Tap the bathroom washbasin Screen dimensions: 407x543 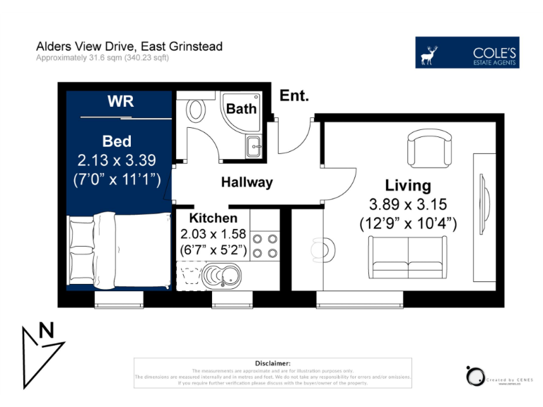pyautogui.click(x=255, y=148)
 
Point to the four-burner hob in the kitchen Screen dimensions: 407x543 pyautogui.click(x=265, y=244)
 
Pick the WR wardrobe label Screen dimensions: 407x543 pyautogui.click(x=120, y=102)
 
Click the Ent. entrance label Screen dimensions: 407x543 pyautogui.click(x=294, y=95)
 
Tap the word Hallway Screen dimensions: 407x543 pyautogui.click(x=247, y=182)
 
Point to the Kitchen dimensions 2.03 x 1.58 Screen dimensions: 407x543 pyautogui.click(x=213, y=234)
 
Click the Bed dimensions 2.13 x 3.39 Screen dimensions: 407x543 pyautogui.click(x=117, y=160)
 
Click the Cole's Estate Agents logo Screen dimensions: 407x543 pyautogui.click(x=467, y=53)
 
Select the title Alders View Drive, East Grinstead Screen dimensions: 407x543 pyautogui.click(x=129, y=47)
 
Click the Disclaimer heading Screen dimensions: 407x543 pyautogui.click(x=272, y=362)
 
